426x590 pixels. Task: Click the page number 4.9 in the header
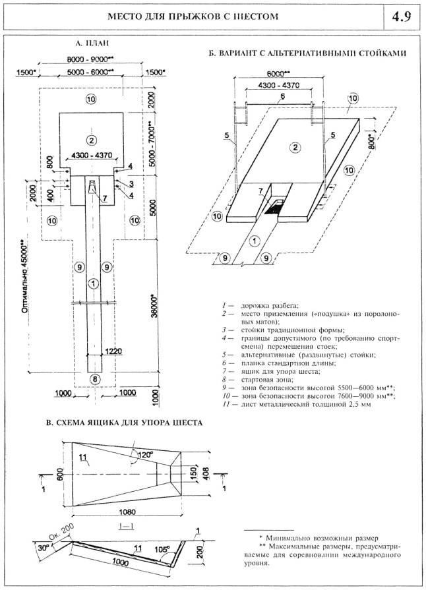click(x=401, y=17)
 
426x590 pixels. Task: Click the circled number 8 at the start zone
click(x=94, y=378)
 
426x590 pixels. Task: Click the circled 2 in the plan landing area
click(x=92, y=139)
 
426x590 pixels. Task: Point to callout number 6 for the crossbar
click(x=282, y=96)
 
